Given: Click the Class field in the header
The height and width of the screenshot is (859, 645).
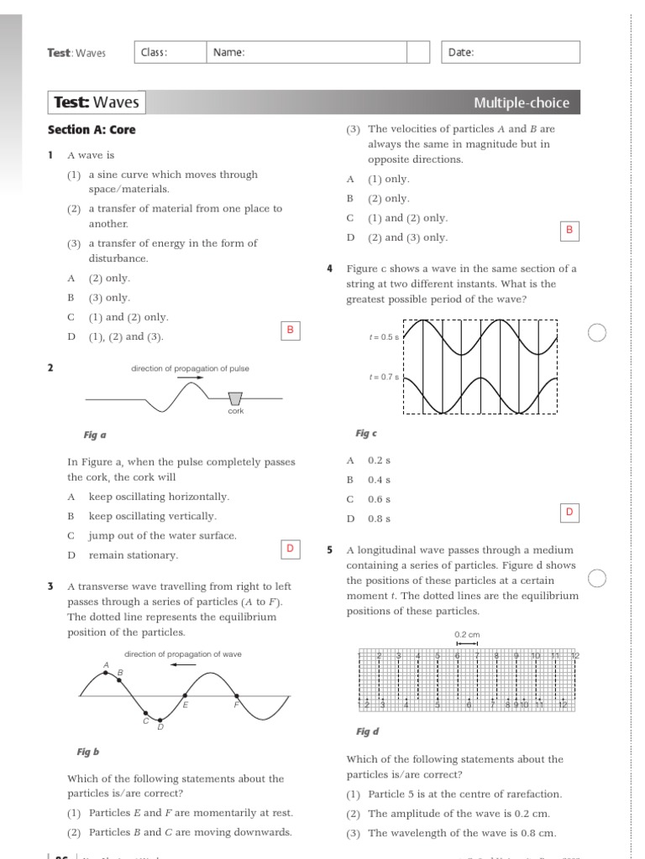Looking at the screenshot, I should [x=169, y=52].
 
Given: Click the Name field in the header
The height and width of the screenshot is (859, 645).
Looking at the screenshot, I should [x=307, y=52].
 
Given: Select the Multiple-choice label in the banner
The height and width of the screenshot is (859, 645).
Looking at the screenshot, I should [x=521, y=103].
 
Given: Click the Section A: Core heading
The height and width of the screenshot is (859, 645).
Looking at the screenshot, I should [x=92, y=129].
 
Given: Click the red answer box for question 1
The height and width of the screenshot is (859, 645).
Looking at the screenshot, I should [x=290, y=331].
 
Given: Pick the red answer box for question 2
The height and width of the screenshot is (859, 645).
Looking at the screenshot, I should [x=290, y=549].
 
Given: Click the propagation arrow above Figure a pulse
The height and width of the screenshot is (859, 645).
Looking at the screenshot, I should [x=191, y=378].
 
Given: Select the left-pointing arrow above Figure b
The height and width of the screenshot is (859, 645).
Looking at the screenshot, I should [x=182, y=664].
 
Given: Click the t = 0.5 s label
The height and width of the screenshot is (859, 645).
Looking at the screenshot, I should [x=384, y=337].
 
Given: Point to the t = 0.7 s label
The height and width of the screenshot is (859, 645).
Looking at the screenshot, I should [x=384, y=377].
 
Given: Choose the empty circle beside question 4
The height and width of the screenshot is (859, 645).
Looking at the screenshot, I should [x=596, y=332].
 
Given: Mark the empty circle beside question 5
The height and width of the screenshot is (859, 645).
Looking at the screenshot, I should [x=596, y=579].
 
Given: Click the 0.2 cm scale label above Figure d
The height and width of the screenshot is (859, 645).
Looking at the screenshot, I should [x=466, y=634].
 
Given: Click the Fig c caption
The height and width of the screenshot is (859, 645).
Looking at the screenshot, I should [x=366, y=433].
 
